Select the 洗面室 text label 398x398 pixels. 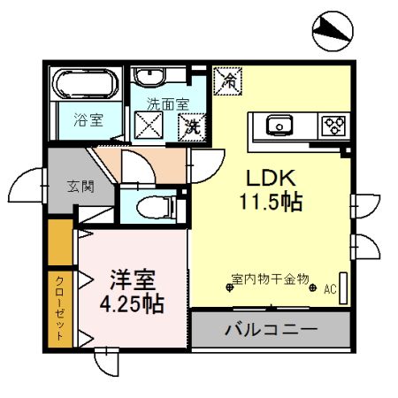[168, 103]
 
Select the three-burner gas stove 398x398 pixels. [334, 124]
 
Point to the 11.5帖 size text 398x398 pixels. [270, 201]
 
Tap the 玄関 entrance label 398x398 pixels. [78, 187]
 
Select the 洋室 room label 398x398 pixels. [134, 281]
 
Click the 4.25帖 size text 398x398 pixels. [131, 306]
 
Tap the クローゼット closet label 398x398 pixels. [59, 309]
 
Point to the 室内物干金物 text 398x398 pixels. [270, 279]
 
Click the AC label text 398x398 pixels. [330, 289]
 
